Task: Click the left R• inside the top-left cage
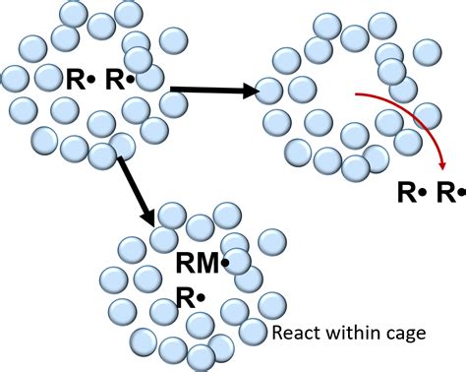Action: point(81,80)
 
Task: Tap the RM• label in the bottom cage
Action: point(202,263)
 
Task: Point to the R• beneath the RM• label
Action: point(190,294)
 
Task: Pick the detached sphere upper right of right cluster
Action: point(427,51)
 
